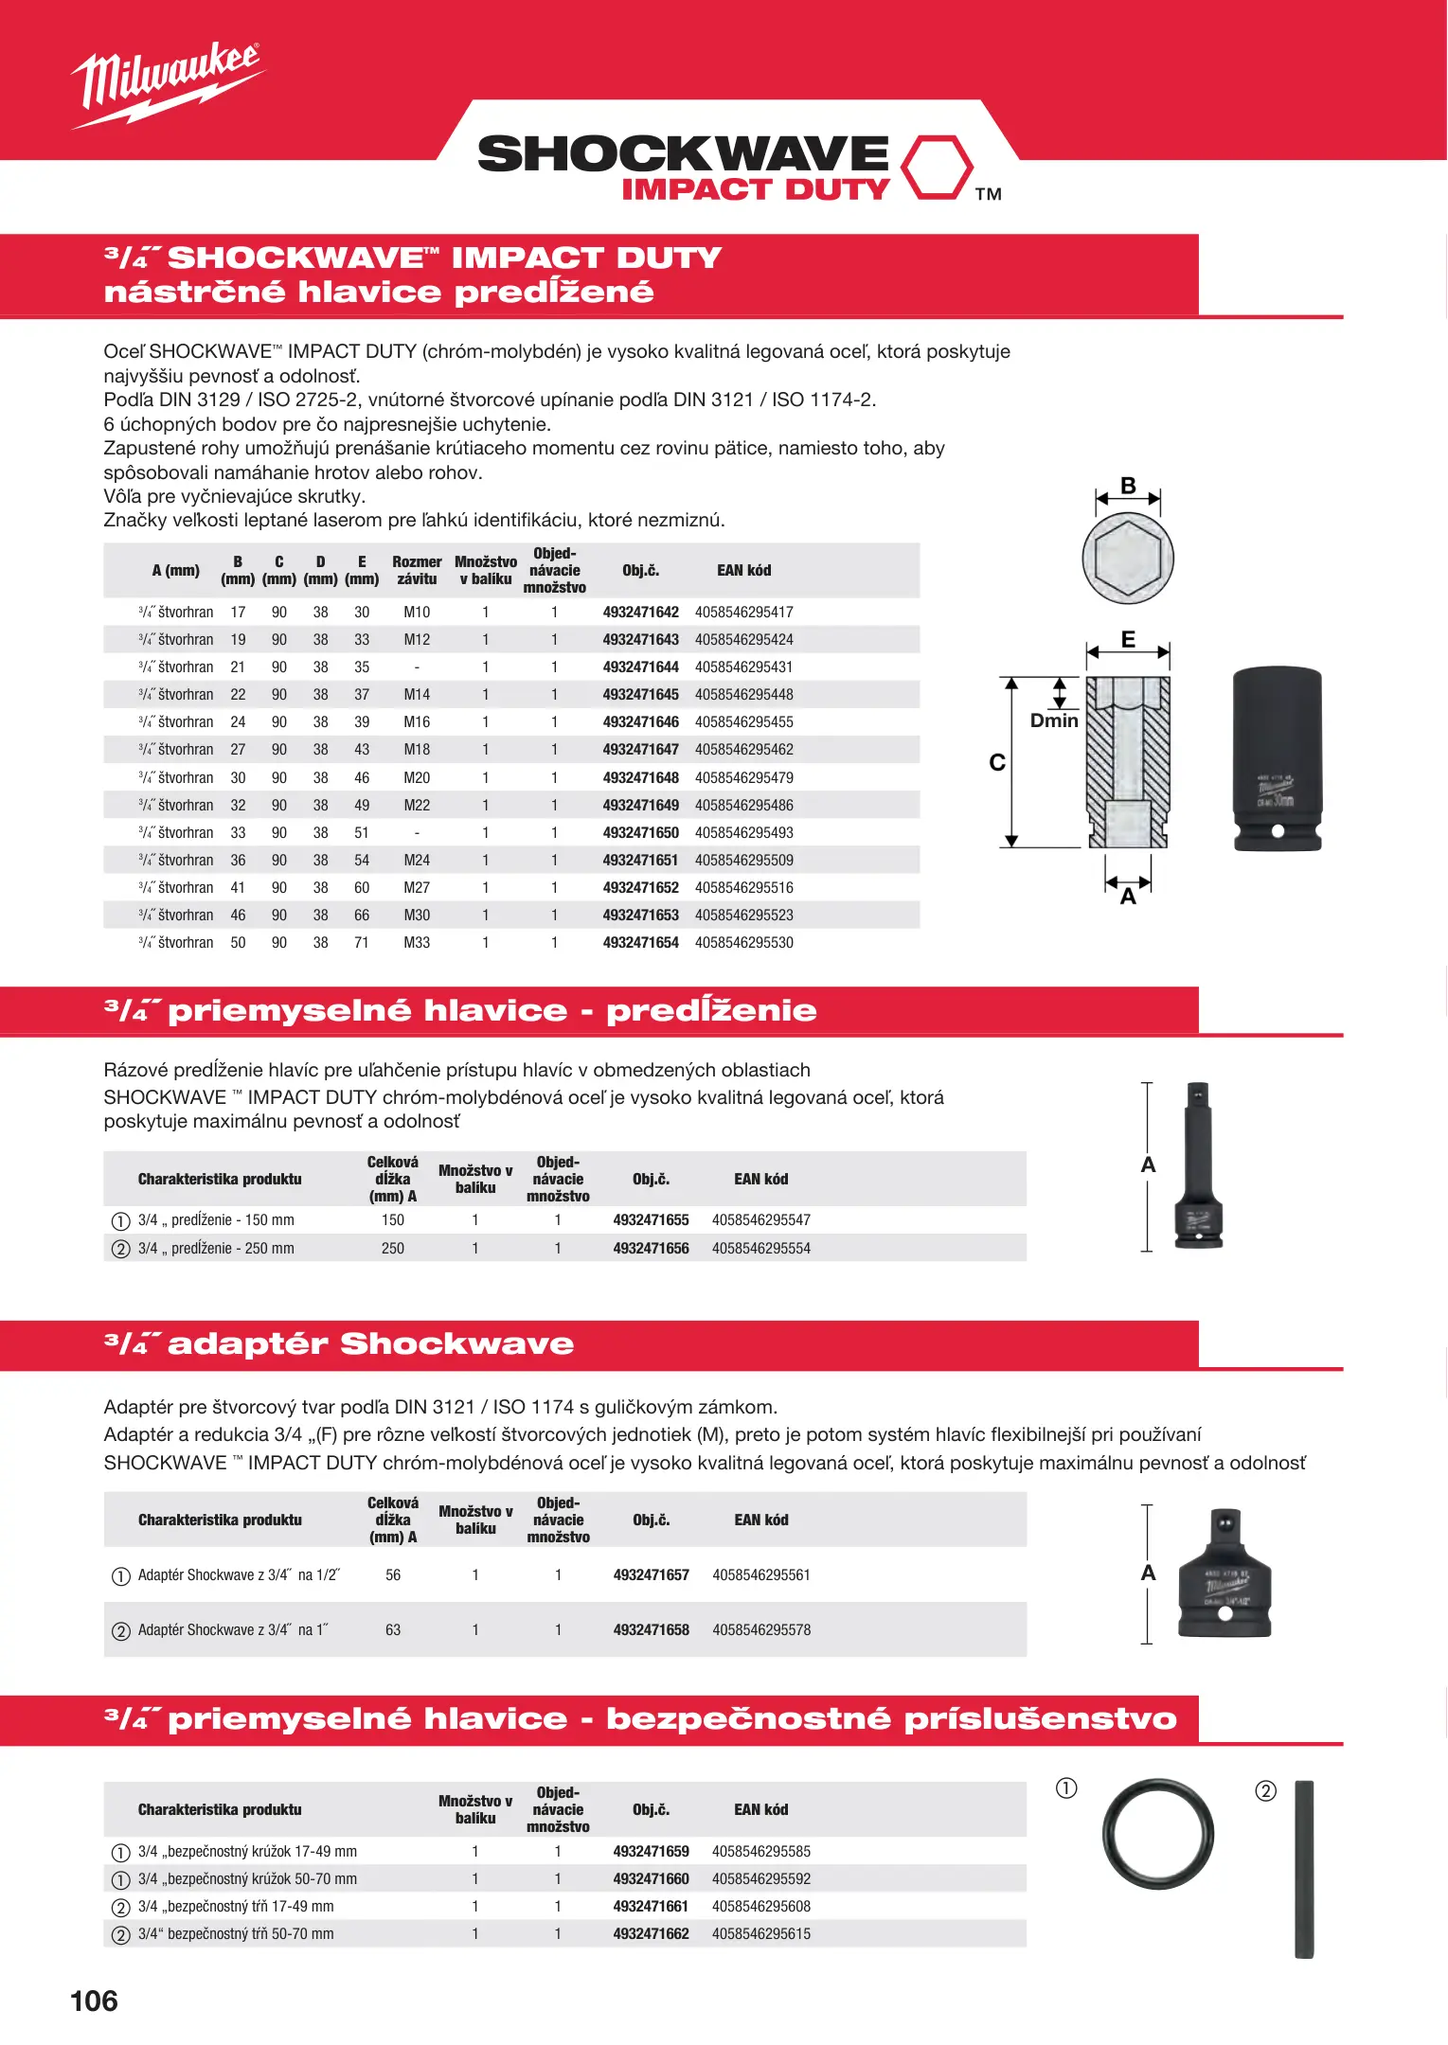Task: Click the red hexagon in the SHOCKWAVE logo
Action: [936, 168]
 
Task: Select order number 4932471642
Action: [640, 613]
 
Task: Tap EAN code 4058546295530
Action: [743, 943]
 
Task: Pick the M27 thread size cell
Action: [417, 888]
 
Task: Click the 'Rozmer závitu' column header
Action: [417, 570]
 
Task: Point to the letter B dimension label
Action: [1128, 485]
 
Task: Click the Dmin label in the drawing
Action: [1054, 720]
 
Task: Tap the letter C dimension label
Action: [997, 762]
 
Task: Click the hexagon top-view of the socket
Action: [1128, 559]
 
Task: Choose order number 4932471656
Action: [651, 1249]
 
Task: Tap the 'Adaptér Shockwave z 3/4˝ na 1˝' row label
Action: [233, 1630]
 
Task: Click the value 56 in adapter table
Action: [393, 1575]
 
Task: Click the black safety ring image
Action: [1157, 1834]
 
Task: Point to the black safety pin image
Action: [1304, 1869]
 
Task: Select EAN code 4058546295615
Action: [761, 1934]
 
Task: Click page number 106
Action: [94, 2001]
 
